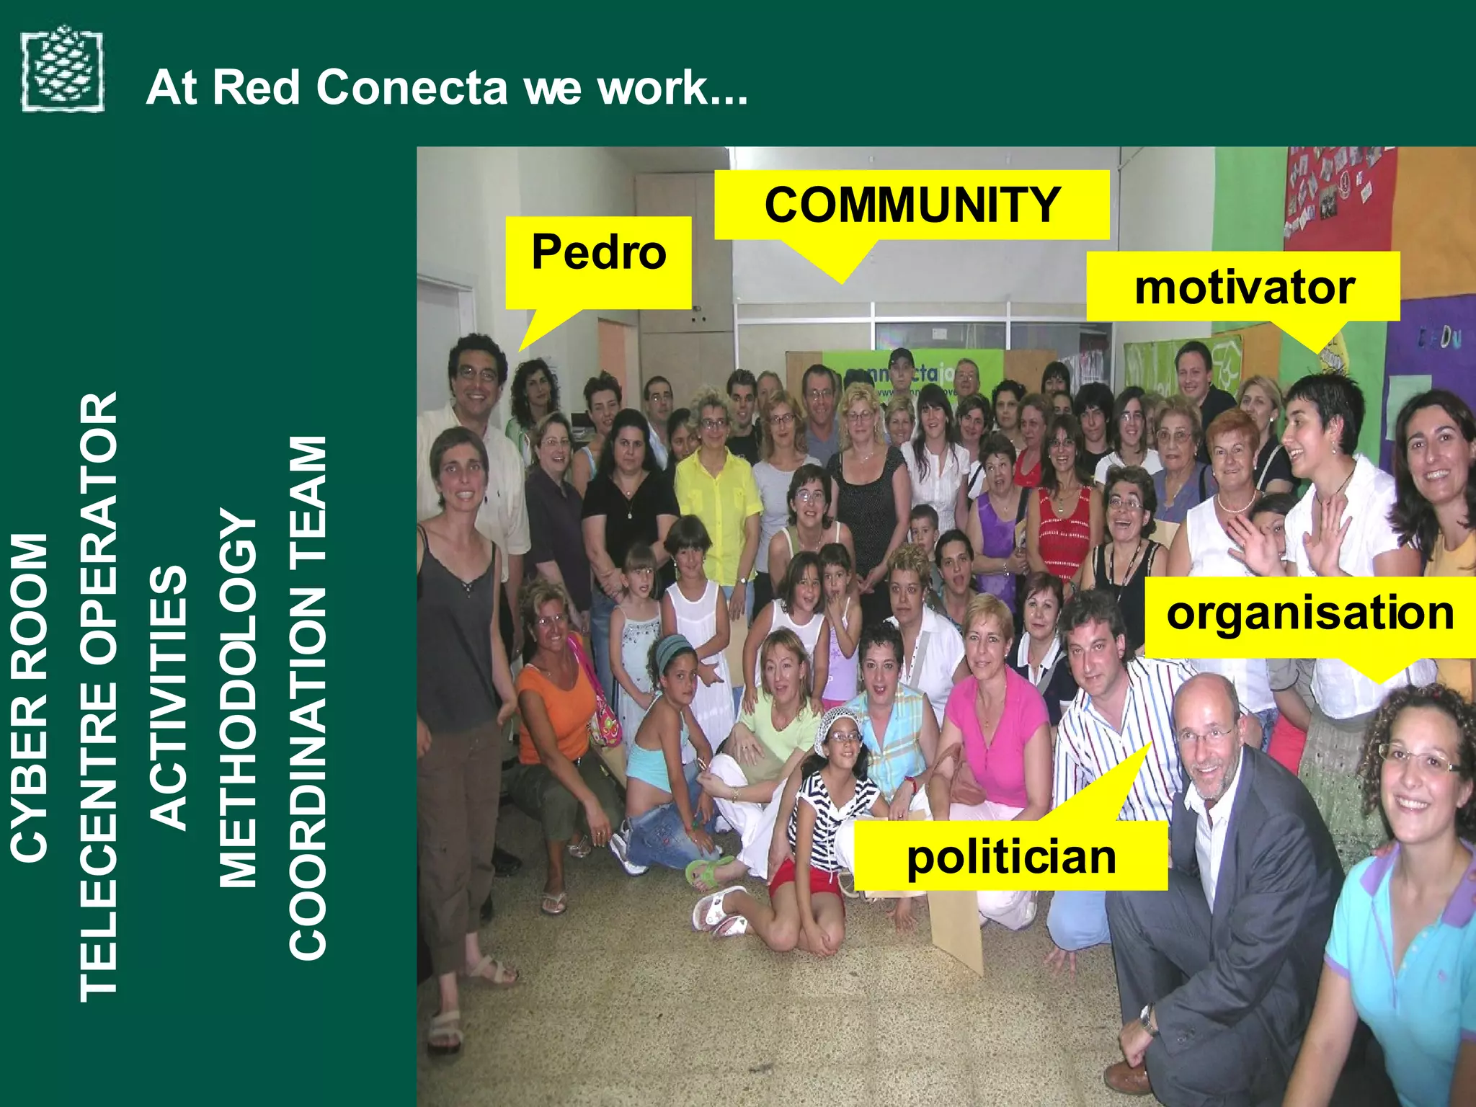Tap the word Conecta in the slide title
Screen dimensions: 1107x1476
[x=412, y=88]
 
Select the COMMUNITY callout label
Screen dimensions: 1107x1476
[x=912, y=205]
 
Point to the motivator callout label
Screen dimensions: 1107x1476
[x=1243, y=288]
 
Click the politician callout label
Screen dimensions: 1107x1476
[x=1010, y=856]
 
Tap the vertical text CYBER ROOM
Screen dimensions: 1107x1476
[x=30, y=697]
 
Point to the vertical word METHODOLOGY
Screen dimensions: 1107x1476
[x=238, y=697]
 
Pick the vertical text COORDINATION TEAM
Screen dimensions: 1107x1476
[x=308, y=697]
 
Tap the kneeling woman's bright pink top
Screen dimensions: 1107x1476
[x=998, y=735]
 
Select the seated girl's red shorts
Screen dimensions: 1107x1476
[x=800, y=881]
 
